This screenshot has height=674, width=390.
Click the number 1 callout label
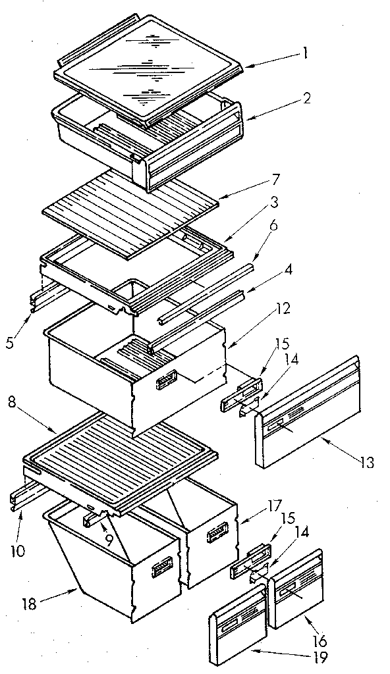click(305, 55)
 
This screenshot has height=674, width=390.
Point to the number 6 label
click(273, 224)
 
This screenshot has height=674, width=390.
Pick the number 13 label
click(367, 463)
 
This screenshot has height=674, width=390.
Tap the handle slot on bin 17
click(217, 534)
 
